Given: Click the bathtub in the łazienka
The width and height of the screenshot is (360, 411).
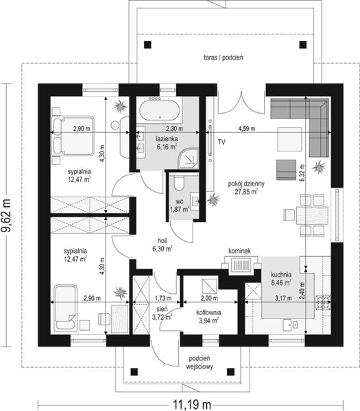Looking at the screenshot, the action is click(160, 110).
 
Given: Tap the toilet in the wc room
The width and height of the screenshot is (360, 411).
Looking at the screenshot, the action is click(180, 183).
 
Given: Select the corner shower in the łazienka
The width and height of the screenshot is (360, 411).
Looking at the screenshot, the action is click(188, 158).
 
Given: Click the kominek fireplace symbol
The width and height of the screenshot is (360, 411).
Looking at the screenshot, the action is click(241, 264).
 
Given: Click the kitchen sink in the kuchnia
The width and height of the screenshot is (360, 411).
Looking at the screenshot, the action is click(291, 325).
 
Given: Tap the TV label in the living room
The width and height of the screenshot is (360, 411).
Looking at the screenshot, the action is click(221, 142).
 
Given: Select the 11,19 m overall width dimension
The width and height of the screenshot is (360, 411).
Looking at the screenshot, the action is click(192, 405).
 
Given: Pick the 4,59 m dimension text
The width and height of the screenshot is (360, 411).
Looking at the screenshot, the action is click(246, 129).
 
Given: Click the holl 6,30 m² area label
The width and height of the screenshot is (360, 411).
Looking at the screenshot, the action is click(162, 245).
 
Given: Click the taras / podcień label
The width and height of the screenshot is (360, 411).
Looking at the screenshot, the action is click(224, 58).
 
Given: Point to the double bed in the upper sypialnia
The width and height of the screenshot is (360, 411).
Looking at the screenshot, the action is click(73, 136).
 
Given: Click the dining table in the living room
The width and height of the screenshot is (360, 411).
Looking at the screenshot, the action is click(312, 215).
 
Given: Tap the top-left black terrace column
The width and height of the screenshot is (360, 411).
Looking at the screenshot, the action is click(147, 45).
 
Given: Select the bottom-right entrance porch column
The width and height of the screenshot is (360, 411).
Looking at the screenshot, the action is click(230, 371).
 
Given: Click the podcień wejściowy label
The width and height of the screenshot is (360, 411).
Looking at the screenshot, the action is click(200, 362).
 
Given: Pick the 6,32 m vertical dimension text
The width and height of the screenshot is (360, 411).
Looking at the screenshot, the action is click(302, 173).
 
